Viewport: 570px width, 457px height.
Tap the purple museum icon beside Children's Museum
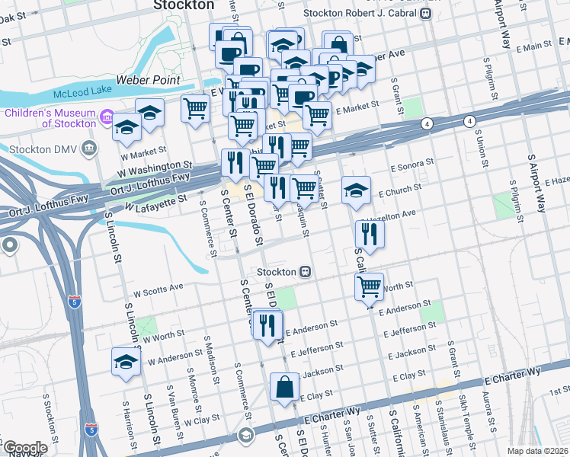tap(107, 120)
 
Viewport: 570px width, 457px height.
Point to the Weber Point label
tap(148, 80)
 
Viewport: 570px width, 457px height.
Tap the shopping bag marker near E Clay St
tap(284, 386)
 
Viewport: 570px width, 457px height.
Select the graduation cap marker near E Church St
tap(355, 191)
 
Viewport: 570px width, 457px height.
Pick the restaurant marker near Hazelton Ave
tap(370, 234)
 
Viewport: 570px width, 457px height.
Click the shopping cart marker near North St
tap(370, 286)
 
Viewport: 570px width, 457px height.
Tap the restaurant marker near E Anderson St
tap(267, 324)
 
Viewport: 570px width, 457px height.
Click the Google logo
tap(24, 448)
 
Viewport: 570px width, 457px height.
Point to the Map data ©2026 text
tap(537, 451)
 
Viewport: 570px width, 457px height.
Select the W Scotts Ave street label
tap(158, 290)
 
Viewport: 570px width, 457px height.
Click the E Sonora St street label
tap(411, 164)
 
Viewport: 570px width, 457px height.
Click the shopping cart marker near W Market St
tap(196, 109)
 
